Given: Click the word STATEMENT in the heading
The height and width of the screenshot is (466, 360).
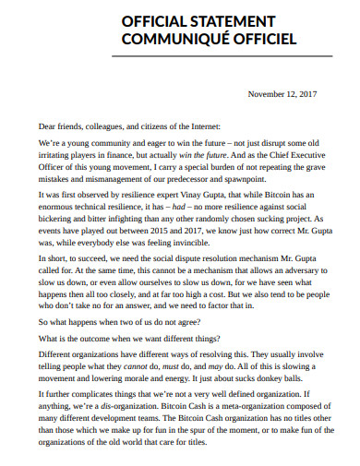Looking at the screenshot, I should [x=228, y=22].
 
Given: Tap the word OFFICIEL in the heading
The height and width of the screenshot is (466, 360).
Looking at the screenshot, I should [x=261, y=40].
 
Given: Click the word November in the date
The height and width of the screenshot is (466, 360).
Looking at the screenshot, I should [x=268, y=94].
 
